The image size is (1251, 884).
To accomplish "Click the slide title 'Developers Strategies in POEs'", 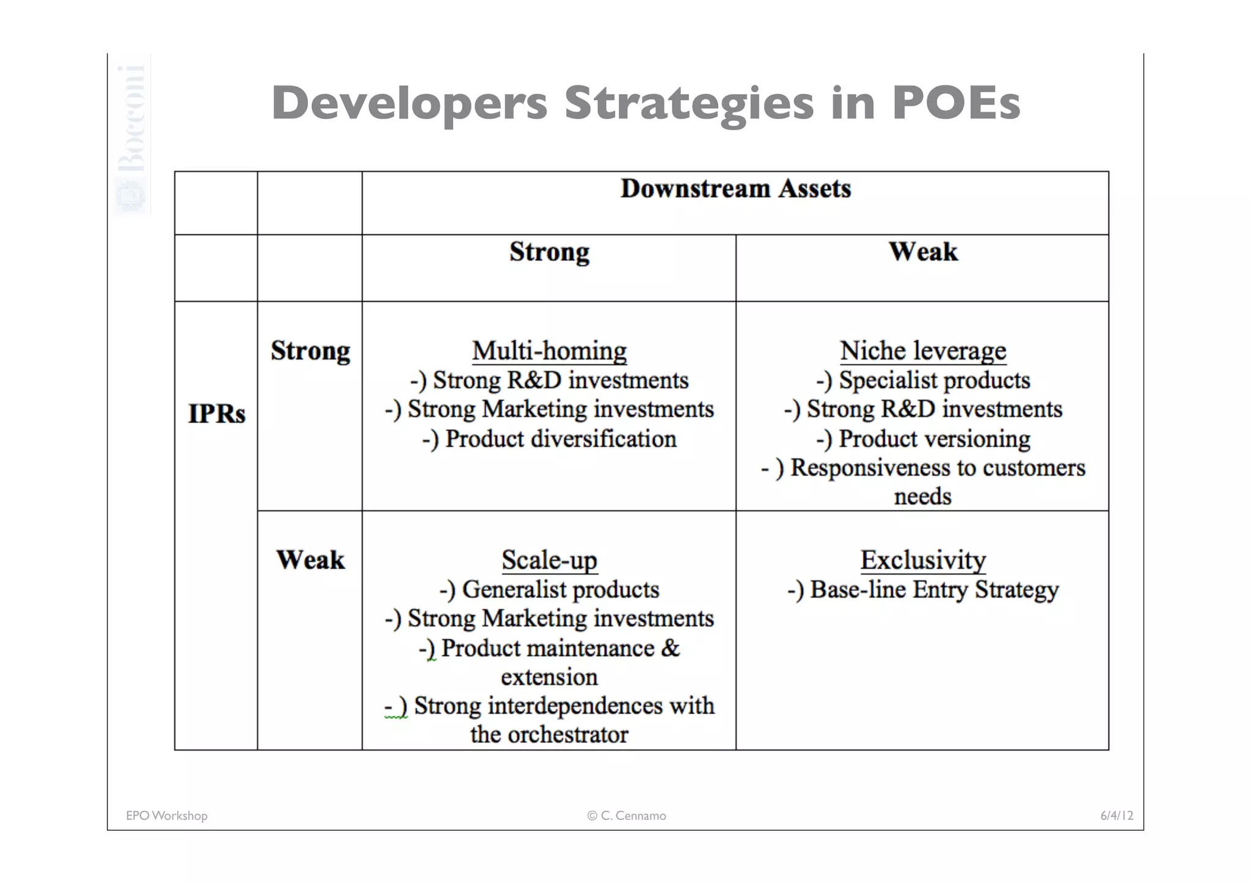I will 646,103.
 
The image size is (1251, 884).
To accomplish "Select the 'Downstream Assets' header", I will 735,189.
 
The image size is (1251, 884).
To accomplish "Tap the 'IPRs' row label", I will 216,414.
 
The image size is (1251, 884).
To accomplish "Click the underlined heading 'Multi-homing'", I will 549,351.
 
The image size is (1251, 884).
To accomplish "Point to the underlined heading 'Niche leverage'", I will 923,351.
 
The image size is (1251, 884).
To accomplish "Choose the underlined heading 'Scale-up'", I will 549,560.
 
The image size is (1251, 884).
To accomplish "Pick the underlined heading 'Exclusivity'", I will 923,560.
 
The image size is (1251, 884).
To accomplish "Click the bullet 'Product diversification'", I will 549,439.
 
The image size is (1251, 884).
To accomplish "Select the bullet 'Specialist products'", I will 923,380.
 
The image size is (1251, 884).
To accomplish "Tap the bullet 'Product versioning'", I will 923,439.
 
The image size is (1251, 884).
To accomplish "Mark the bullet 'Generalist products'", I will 549,590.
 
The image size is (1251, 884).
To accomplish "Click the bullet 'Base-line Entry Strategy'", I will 923,590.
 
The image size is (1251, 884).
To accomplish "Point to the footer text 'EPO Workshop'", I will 167,816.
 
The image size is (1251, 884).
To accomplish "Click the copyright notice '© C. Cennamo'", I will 627,816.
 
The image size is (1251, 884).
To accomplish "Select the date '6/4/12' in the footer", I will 1117,816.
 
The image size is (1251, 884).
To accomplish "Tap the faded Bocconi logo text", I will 131,119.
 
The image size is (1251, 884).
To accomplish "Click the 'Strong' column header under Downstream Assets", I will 549,252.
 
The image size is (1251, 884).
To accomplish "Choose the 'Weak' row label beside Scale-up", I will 310,560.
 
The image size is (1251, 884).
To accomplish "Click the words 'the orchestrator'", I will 549,734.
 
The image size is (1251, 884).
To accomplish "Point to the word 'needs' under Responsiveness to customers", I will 923,496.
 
